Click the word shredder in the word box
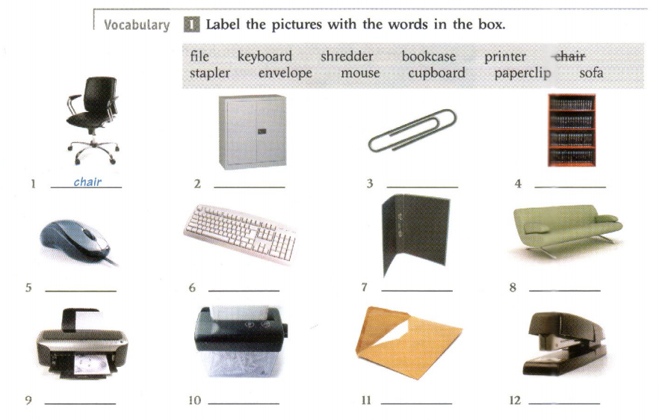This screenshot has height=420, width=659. tap(347, 56)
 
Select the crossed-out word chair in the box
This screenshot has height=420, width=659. tap(569, 56)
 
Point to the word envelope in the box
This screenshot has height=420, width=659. tap(285, 73)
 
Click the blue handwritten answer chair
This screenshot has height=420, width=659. tap(87, 182)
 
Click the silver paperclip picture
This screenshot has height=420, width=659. tap(412, 131)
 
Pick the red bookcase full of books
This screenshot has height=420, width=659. tap(572, 130)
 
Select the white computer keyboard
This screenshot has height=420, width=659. tap(240, 232)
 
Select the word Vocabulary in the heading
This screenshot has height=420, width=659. tap(137, 25)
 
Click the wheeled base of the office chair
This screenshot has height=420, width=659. tap(94, 150)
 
